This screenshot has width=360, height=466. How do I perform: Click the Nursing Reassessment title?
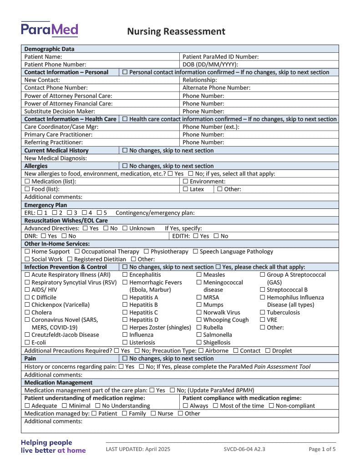click(x=176, y=31)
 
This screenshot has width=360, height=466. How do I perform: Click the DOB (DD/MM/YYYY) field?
click(x=260, y=65)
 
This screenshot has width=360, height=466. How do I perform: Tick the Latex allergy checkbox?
click(x=185, y=189)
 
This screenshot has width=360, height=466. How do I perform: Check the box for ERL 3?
click(x=69, y=213)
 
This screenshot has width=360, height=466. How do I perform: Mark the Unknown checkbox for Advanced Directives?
click(x=125, y=228)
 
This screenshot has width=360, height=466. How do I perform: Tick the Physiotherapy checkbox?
click(x=146, y=252)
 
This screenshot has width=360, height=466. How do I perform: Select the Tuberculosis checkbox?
click(x=263, y=313)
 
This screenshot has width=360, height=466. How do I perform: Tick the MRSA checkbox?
click(x=199, y=298)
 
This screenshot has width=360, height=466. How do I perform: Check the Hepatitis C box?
click(x=125, y=313)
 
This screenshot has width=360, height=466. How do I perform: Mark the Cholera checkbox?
click(x=27, y=313)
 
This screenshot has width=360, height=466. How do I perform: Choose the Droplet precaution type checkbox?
click(x=268, y=351)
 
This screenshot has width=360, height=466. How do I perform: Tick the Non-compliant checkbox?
click(x=271, y=406)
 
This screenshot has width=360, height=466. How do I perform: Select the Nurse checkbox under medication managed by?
click(x=153, y=414)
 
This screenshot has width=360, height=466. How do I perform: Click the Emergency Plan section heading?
click(x=46, y=205)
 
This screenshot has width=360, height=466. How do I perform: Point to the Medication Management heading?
click(x=58, y=383)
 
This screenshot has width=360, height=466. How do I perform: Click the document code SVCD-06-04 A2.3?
click(x=244, y=449)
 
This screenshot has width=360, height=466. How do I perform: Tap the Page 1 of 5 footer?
click(x=322, y=449)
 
